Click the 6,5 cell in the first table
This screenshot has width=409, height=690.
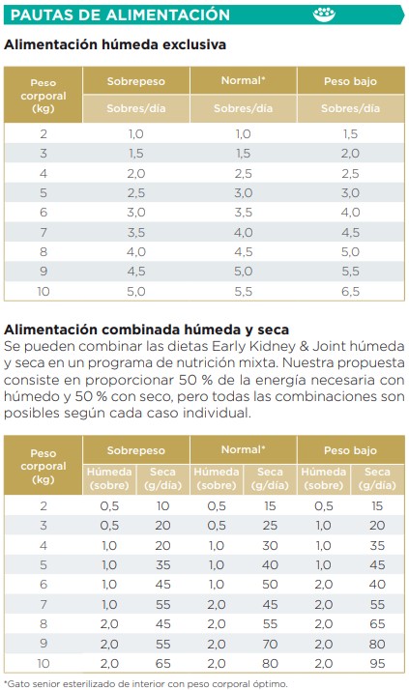(x=350, y=291)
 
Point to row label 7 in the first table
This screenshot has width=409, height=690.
(x=44, y=232)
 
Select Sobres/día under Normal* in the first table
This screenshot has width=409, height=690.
(x=243, y=108)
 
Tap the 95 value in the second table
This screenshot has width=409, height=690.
(x=377, y=662)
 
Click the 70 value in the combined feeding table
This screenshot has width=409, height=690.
(x=270, y=642)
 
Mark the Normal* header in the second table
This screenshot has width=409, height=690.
(x=243, y=450)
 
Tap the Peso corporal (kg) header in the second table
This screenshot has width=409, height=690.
(x=44, y=465)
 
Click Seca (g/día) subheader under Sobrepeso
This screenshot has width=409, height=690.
(x=162, y=477)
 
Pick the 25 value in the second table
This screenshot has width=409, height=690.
(x=270, y=525)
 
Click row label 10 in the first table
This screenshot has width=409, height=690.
(x=44, y=291)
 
